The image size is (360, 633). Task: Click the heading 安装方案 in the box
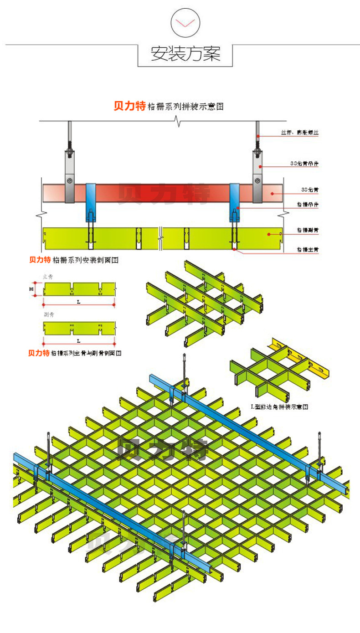(185, 54)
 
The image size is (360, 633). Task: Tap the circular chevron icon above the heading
(185, 22)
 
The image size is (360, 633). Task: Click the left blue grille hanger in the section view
(91, 201)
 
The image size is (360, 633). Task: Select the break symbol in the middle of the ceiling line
(178, 121)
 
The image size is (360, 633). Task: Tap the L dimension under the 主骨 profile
(78, 302)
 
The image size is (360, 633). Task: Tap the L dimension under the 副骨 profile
(78, 341)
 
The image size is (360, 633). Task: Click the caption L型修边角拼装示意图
(280, 406)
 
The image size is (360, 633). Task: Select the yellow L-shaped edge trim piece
(301, 358)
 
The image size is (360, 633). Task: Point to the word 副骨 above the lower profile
(48, 315)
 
